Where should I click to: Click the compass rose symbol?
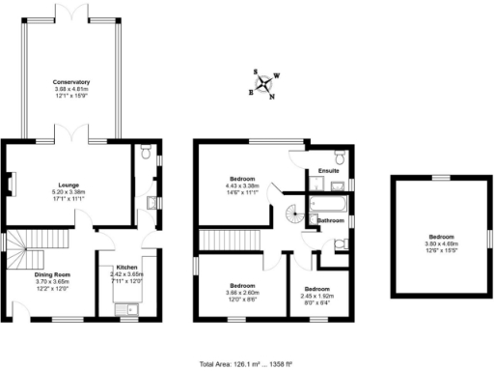262,83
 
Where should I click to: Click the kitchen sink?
124,309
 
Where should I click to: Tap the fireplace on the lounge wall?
12,183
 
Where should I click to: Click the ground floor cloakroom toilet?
145,152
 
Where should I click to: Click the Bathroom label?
332,221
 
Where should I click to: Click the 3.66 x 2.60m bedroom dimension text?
242,292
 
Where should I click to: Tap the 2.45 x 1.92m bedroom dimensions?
316,294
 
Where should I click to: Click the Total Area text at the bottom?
246,362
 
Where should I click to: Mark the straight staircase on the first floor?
232,242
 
